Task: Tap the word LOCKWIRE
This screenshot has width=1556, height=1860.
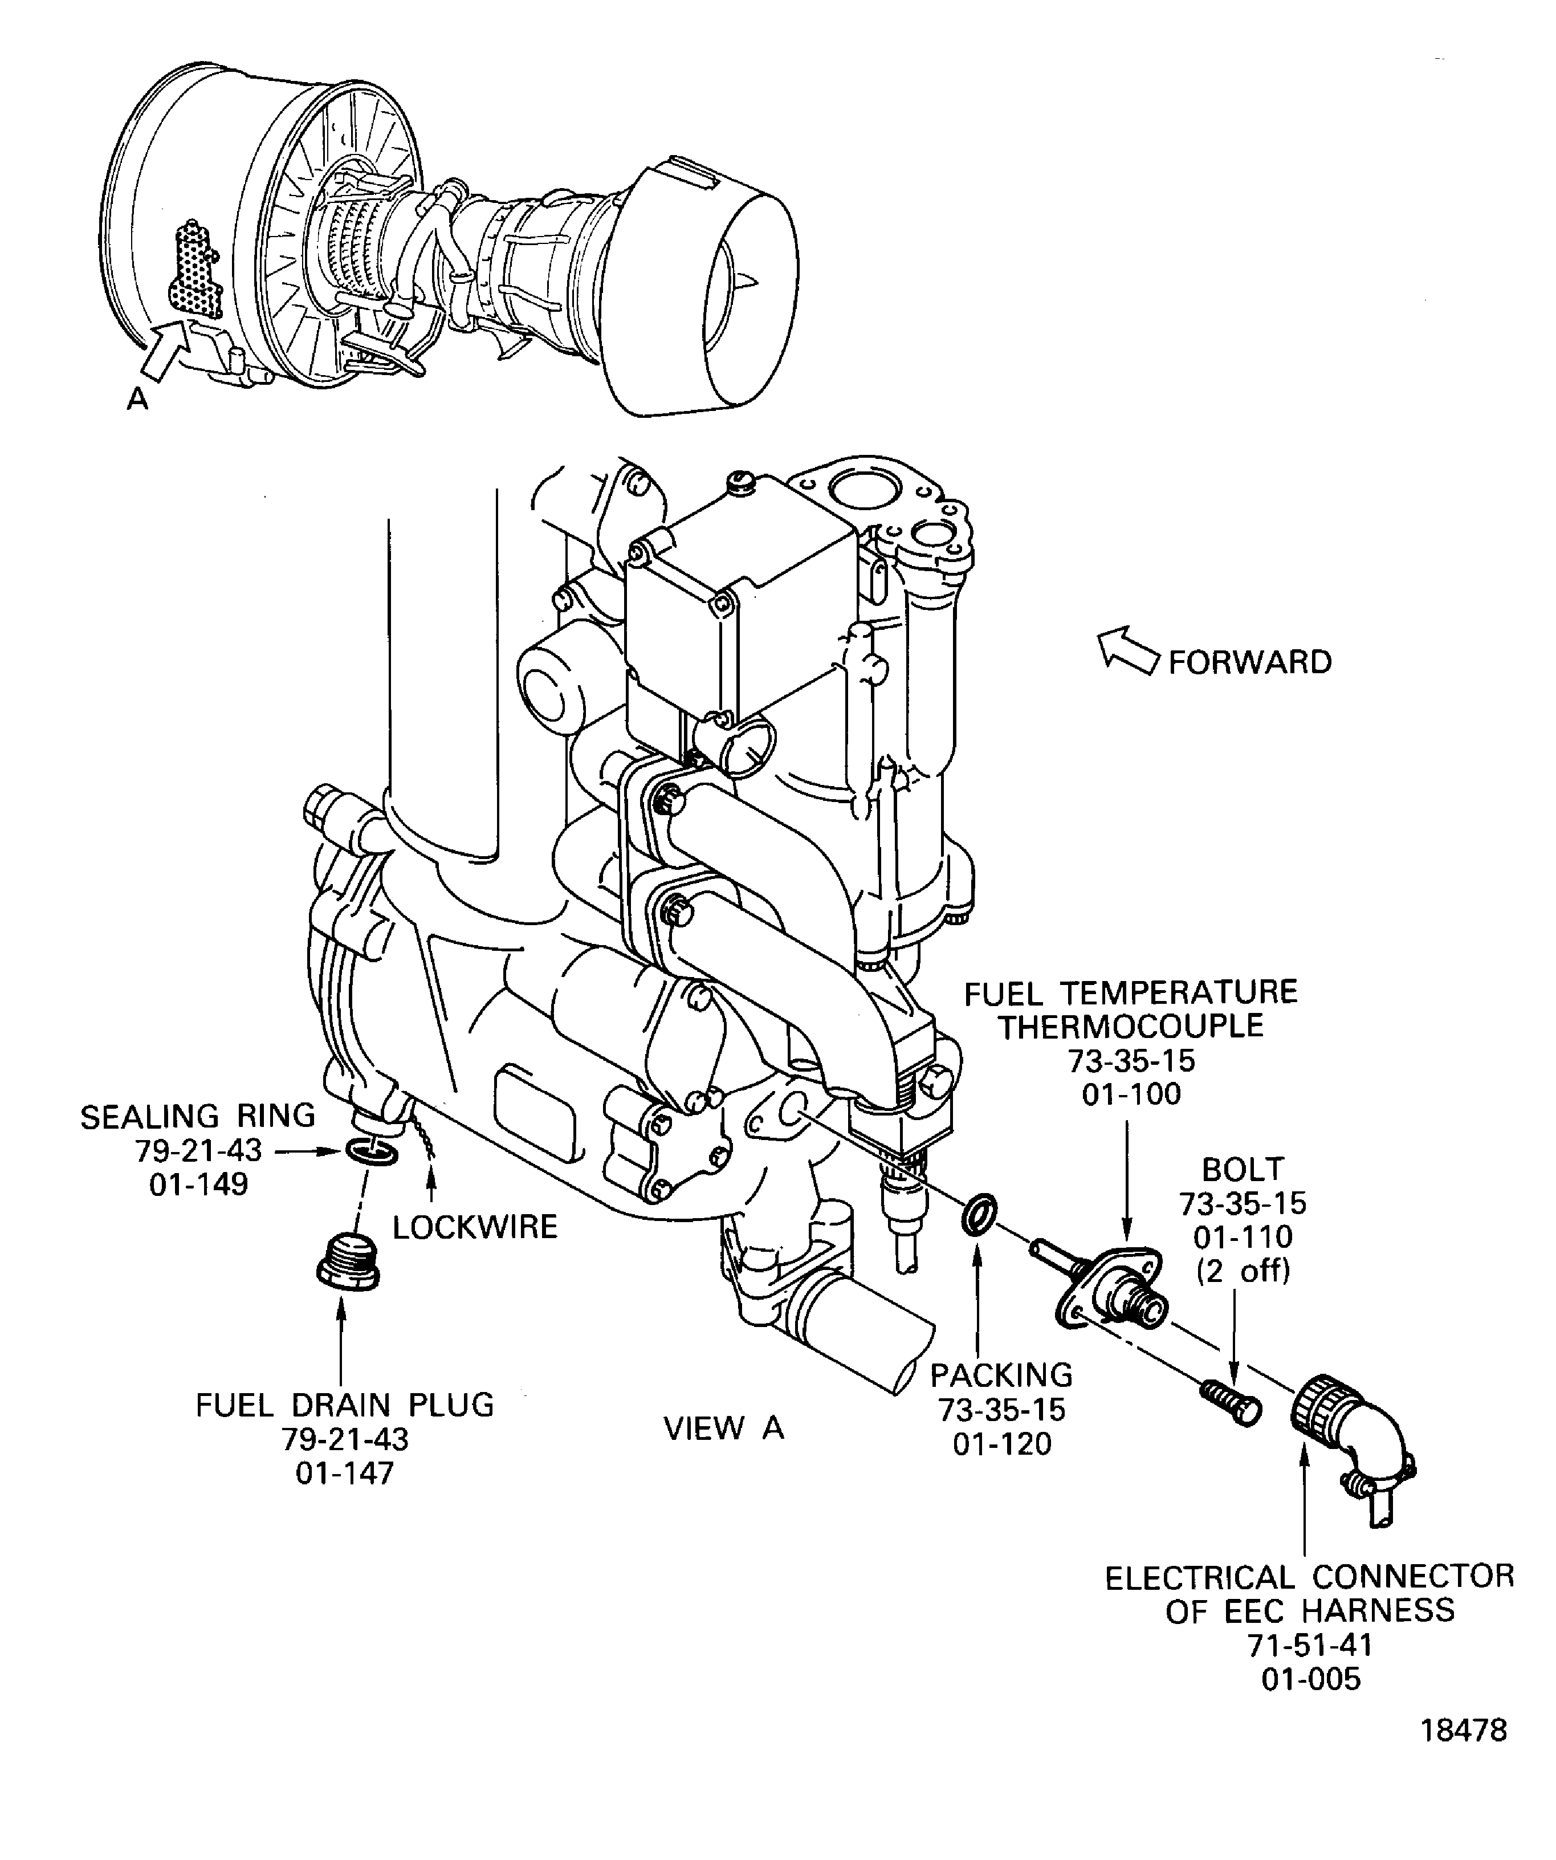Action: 475,1227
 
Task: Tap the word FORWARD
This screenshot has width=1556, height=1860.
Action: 1249,662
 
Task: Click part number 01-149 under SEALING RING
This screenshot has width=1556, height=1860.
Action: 198,1184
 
